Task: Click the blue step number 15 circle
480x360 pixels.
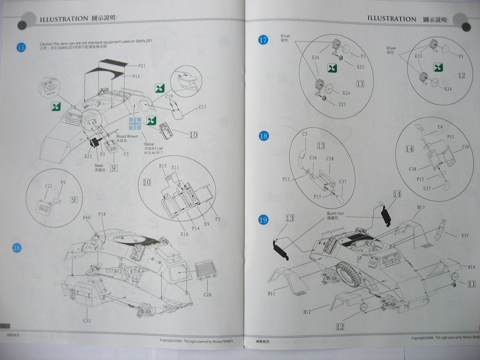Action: [x=21, y=47]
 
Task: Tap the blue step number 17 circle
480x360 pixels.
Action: [x=263, y=40]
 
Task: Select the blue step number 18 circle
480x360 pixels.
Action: [x=263, y=136]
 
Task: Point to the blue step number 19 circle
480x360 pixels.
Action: [x=263, y=219]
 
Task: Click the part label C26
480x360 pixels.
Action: [x=208, y=294]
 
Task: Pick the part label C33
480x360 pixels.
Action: [x=87, y=321]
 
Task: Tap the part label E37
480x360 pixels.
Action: [x=465, y=235]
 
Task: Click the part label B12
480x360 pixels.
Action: [x=307, y=312]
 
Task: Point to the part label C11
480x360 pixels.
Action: [x=202, y=106]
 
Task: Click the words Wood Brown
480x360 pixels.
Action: [x=127, y=136]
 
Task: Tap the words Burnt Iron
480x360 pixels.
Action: [x=336, y=213]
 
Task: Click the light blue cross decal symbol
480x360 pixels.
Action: [x=135, y=123]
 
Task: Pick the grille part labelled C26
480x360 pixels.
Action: [x=206, y=271]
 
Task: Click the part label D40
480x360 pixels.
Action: [x=86, y=217]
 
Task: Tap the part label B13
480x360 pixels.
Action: [x=420, y=207]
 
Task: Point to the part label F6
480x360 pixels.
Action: [x=63, y=182]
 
